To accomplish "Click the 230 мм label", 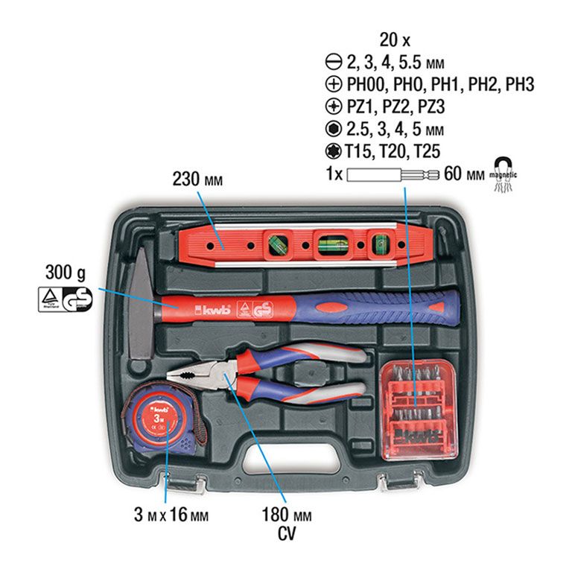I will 197,179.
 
